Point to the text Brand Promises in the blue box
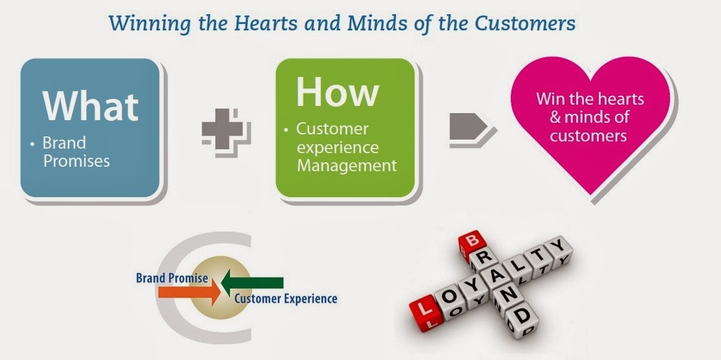tap(76, 151)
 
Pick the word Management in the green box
tap(346, 165)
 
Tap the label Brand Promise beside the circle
tap(171, 279)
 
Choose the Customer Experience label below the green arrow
tap(285, 299)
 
